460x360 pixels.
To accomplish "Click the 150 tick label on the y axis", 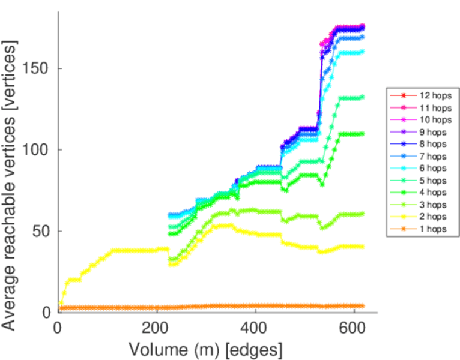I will tap(37, 68).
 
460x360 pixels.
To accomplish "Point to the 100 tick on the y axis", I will tap(37, 149).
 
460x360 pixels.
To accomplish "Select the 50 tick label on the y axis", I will tap(41, 231).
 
